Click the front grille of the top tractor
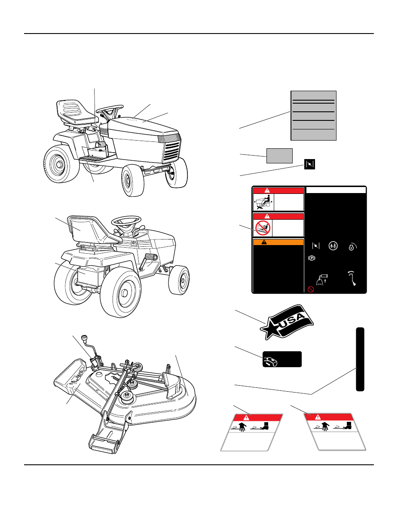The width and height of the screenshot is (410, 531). (171, 151)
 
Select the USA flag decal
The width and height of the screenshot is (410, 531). (287, 322)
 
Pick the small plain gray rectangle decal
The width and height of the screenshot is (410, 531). (279, 156)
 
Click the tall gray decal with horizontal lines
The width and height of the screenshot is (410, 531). (313, 116)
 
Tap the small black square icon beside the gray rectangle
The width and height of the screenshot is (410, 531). (309, 164)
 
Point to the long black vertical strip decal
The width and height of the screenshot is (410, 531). (360, 359)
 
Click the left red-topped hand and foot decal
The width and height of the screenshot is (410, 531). (251, 432)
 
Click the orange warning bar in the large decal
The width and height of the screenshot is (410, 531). (278, 242)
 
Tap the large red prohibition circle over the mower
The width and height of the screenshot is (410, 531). (263, 228)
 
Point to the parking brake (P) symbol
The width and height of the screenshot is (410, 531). (312, 258)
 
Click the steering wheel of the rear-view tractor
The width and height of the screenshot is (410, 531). (126, 221)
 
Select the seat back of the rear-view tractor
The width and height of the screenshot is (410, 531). (84, 228)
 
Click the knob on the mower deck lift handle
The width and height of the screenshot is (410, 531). (84, 338)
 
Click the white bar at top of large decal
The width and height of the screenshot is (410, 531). (336, 190)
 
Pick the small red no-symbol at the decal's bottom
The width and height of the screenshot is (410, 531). (311, 289)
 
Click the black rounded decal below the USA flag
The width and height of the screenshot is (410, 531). (282, 359)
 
